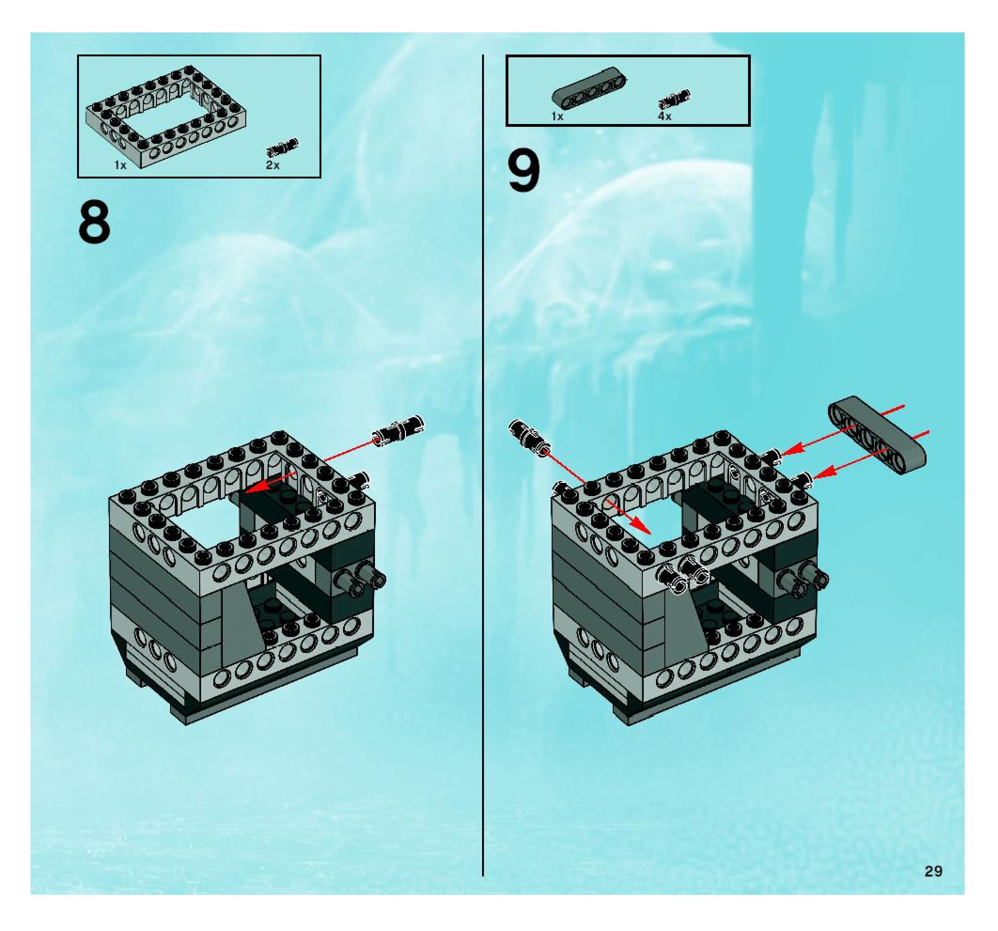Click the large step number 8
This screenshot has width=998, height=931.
pos(94,222)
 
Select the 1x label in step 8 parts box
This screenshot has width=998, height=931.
pos(120,165)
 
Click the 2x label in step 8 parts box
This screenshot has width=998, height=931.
pos(273,165)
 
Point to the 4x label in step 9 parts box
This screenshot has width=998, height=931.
pos(665,116)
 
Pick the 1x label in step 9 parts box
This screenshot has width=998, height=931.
pos(557,116)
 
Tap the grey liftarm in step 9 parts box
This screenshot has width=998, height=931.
pos(590,87)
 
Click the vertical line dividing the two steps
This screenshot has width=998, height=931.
pos(483,452)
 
